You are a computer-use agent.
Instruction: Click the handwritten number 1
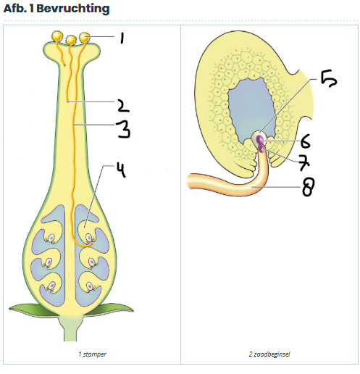tap(122, 38)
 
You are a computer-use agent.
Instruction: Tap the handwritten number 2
tap(123, 106)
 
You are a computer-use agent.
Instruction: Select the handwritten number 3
tap(123, 129)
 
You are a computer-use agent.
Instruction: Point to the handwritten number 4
tap(122, 170)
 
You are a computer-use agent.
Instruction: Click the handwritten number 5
tap(329, 79)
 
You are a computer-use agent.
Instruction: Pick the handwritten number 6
tap(306, 141)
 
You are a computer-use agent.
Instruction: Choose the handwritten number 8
tap(308, 187)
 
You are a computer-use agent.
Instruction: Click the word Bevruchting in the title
tap(73, 9)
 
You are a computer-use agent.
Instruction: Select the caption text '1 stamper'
tap(92, 354)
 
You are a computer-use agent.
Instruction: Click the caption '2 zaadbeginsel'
tap(269, 354)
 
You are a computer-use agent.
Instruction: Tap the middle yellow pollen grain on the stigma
tap(71, 40)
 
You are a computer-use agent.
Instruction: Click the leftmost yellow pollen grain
tap(57, 36)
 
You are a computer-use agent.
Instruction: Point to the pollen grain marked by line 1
tap(85, 38)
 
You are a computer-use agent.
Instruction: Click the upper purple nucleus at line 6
tap(259, 139)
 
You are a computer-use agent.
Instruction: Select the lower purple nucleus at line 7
tap(261, 149)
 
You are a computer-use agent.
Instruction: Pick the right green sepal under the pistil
tap(109, 310)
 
